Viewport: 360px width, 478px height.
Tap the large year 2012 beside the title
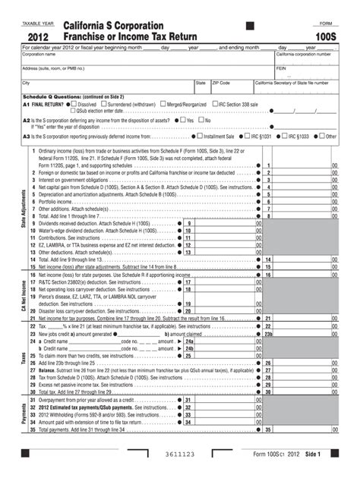coord(40,37)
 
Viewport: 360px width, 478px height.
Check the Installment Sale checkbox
coord(199,137)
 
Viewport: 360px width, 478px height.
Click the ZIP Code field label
coord(221,82)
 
